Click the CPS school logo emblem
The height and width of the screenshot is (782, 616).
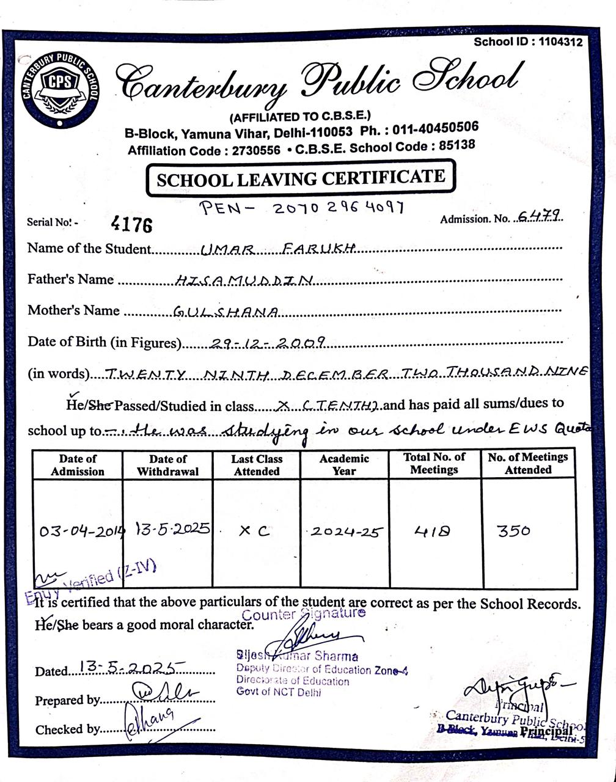tap(60, 88)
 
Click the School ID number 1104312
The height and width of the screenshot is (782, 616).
tap(560, 42)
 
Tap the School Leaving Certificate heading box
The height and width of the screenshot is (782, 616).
tap(301, 178)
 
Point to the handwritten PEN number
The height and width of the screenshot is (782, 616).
tap(302, 208)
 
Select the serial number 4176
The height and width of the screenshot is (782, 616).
tap(131, 224)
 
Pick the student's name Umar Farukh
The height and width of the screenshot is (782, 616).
tap(278, 249)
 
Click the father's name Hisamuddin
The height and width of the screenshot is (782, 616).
tap(244, 280)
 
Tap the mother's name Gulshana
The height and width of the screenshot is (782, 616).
tap(226, 312)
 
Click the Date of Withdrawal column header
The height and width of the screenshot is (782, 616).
tap(167, 465)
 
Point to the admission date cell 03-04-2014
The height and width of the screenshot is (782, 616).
tap(81, 530)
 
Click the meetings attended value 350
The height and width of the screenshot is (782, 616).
tap(513, 530)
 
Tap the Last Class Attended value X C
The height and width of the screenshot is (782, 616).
tap(254, 531)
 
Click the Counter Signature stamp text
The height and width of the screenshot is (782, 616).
tap(304, 613)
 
